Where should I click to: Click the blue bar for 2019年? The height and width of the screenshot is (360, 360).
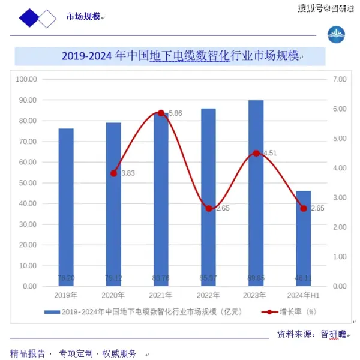tap(66, 207)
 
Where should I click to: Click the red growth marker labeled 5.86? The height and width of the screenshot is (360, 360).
tap(161, 113)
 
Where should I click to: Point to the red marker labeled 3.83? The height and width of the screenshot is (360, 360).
tap(113, 173)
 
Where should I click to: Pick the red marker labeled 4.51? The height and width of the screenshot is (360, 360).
tap(256, 153)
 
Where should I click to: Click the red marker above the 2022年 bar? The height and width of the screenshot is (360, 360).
tap(208, 208)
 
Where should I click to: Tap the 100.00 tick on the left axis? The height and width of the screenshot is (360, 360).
tap(26, 79)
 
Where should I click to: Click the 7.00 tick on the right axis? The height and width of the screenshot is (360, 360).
tap(340, 79)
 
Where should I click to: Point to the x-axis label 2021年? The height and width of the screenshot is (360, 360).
tap(161, 295)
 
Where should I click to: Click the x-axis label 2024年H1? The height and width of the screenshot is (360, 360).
tap(303, 295)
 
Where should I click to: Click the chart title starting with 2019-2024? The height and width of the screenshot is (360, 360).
tap(180, 56)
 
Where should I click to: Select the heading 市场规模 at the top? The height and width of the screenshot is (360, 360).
tap(83, 17)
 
